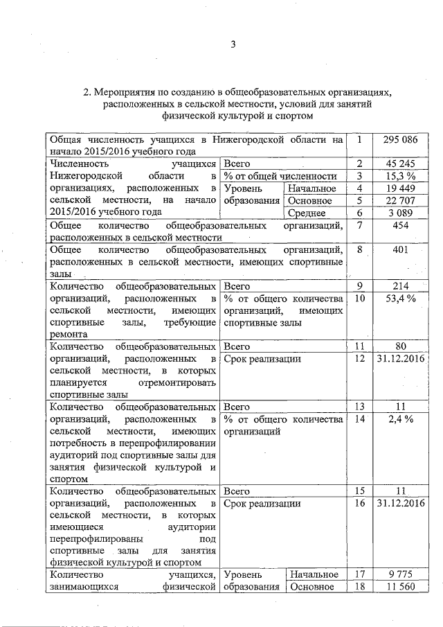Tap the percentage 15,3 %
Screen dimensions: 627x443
click(x=401, y=176)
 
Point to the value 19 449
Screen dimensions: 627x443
click(x=401, y=188)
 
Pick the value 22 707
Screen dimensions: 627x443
click(x=401, y=201)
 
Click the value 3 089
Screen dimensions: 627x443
click(x=401, y=213)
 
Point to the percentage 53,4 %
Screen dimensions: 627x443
click(x=401, y=299)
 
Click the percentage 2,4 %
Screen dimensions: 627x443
click(x=401, y=419)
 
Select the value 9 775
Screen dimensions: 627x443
click(x=401, y=574)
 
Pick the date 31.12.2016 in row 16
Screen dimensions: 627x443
click(x=401, y=503)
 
